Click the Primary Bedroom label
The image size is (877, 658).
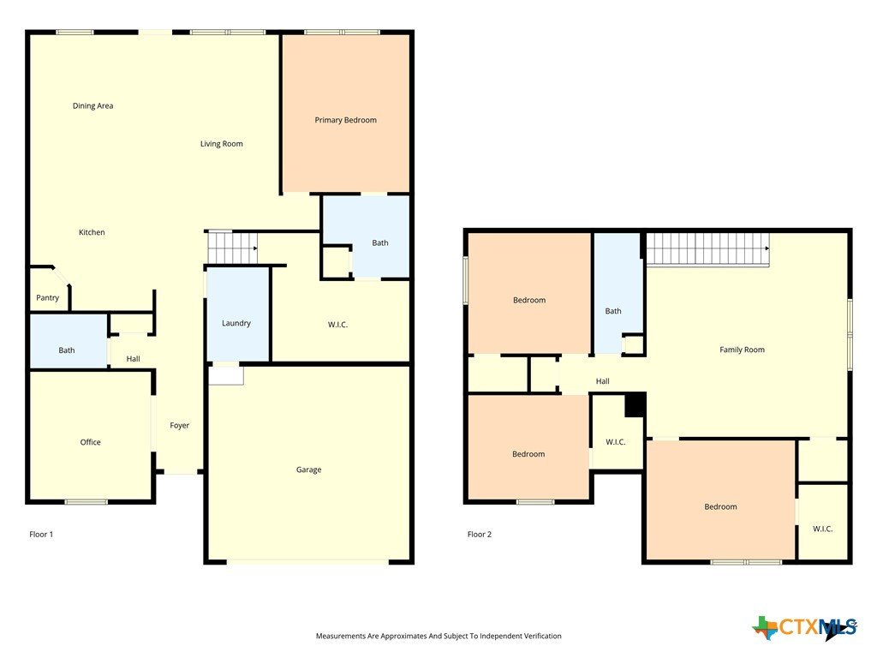tap(345, 120)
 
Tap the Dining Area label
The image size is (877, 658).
tap(92, 105)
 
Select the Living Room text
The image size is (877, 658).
tap(222, 144)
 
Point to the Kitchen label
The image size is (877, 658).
tap(92, 232)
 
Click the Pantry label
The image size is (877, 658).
tap(48, 297)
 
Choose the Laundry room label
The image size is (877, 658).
tap(236, 323)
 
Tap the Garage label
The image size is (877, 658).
tap(308, 470)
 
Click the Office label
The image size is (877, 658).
tap(91, 442)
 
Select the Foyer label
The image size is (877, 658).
tap(180, 425)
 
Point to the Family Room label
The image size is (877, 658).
tap(742, 350)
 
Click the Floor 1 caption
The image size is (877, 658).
tap(41, 535)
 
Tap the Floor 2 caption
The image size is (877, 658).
tap(480, 535)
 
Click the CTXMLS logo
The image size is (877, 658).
tap(805, 627)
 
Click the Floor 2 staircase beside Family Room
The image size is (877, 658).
tap(708, 249)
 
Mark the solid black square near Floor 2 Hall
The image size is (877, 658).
tap(635, 404)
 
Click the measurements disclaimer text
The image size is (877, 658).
tap(438, 636)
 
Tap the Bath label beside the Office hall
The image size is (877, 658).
tap(67, 350)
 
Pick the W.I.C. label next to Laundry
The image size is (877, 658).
tap(337, 325)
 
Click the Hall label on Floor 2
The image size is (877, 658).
tap(602, 381)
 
